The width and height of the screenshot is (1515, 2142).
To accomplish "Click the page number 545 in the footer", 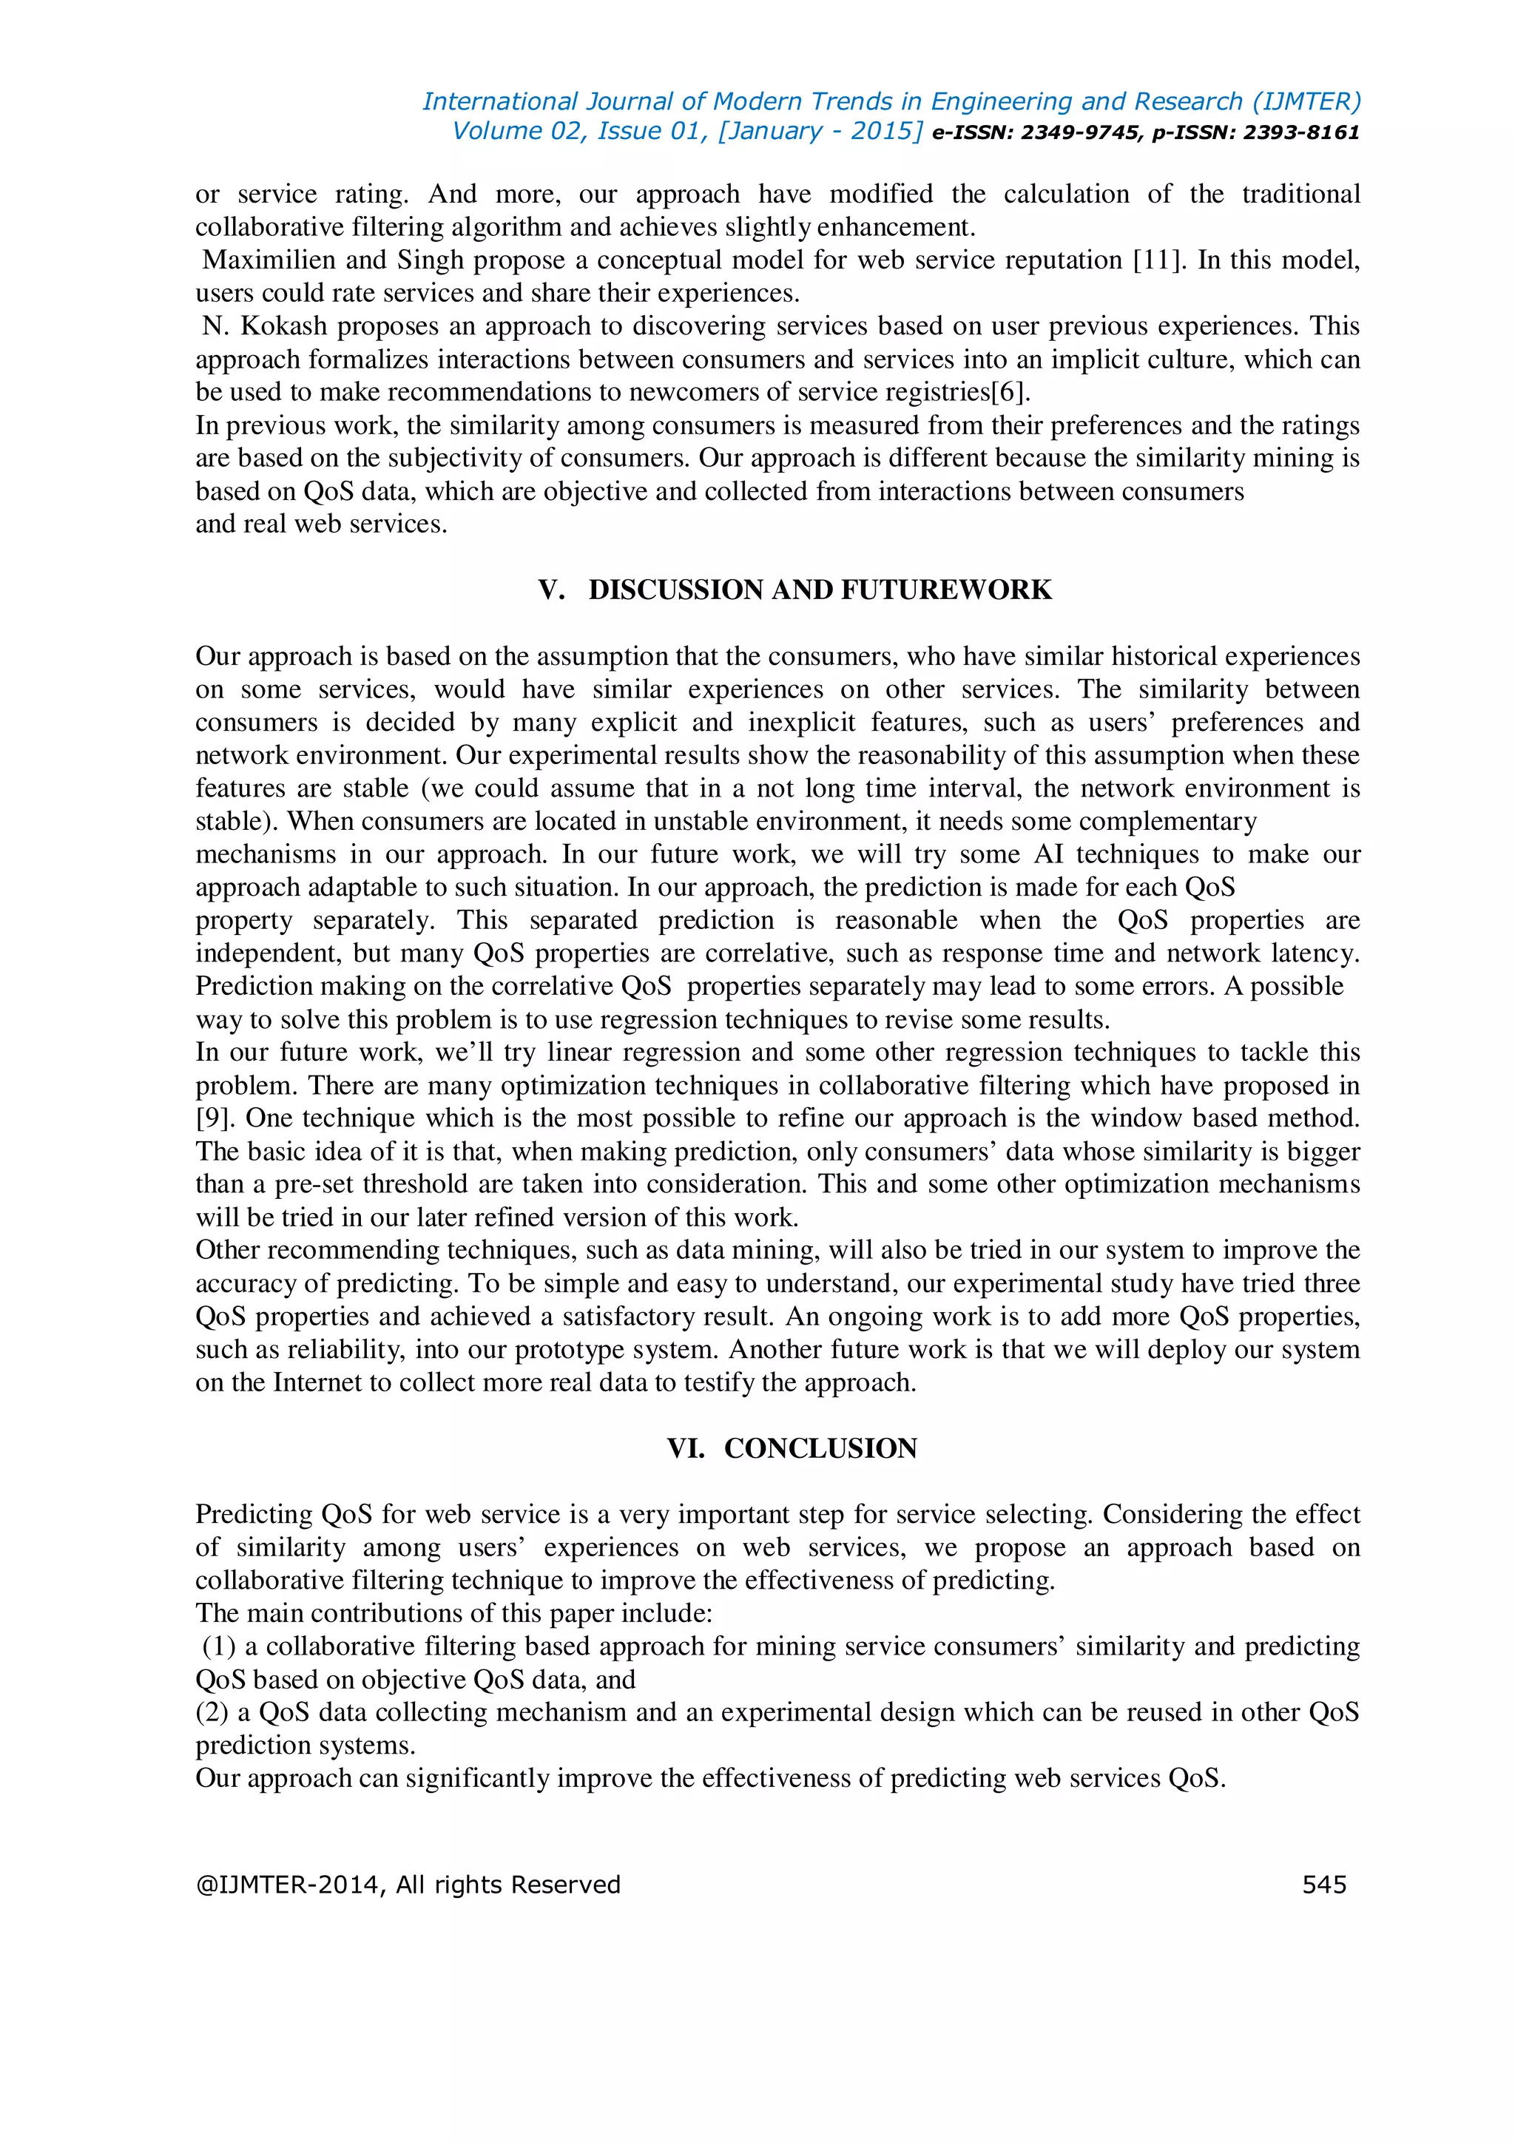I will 1323,1885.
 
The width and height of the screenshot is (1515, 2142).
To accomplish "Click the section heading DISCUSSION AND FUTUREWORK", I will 819,589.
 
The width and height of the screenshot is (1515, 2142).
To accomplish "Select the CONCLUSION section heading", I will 820,1448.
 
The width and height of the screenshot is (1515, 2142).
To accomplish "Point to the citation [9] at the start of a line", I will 214,1118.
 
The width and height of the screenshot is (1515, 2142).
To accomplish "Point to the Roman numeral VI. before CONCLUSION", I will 686,1448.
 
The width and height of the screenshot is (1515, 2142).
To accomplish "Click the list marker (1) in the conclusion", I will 218,1646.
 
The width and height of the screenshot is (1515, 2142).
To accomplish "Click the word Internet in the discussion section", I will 318,1382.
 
